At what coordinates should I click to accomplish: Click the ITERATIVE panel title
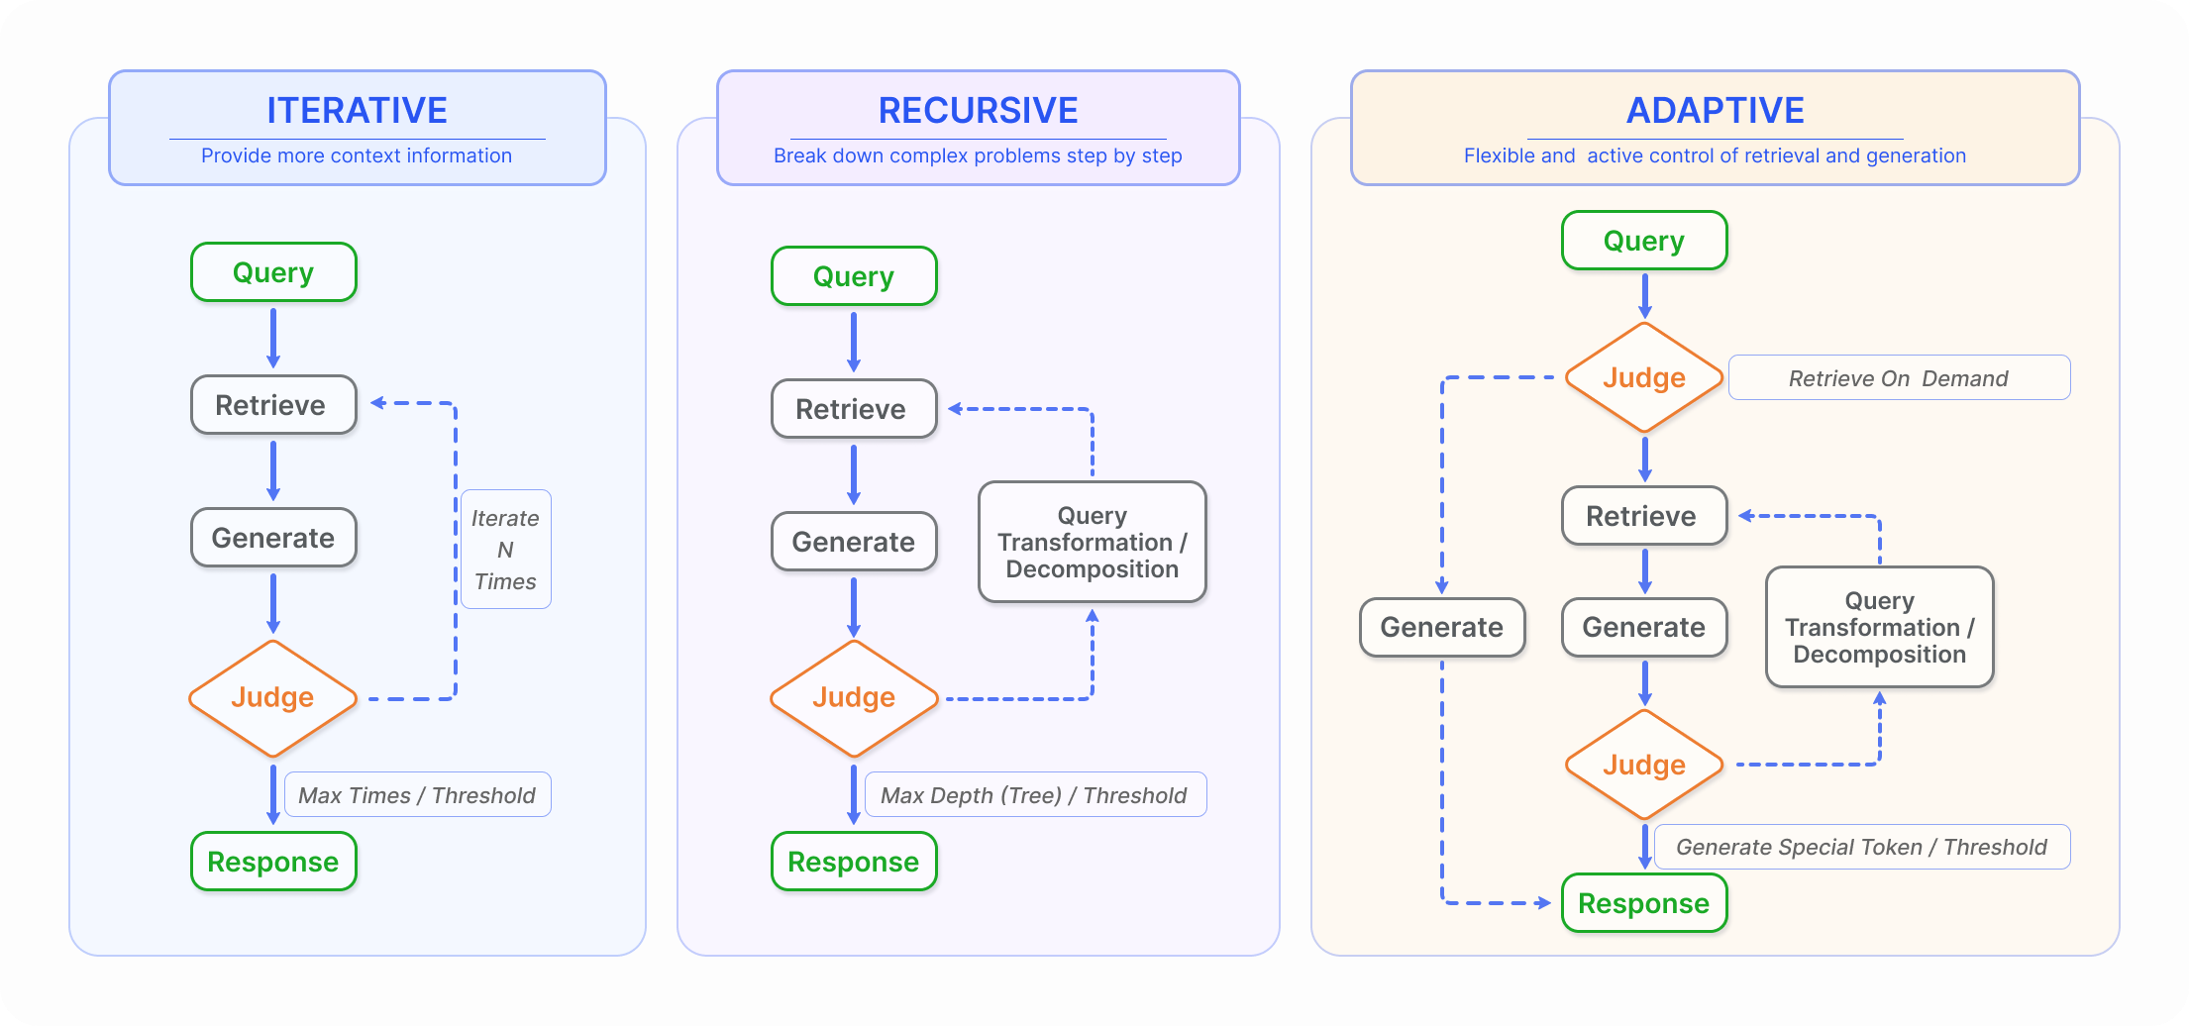(x=357, y=110)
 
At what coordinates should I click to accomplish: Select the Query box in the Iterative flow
(x=273, y=272)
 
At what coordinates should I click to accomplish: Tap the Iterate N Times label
(x=505, y=550)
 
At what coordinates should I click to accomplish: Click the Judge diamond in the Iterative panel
(x=272, y=698)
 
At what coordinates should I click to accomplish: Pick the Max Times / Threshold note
(x=417, y=795)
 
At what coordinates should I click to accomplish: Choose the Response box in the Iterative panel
(x=273, y=862)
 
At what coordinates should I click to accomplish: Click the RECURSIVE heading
(x=978, y=110)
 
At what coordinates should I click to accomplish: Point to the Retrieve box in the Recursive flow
(x=853, y=409)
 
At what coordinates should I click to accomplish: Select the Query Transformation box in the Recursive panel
(x=1092, y=543)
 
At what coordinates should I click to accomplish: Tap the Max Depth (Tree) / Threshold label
(x=1034, y=795)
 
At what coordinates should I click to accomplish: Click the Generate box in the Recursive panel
(x=853, y=542)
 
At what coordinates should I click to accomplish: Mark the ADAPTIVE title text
(x=1715, y=110)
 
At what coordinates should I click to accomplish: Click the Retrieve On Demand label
(x=1898, y=378)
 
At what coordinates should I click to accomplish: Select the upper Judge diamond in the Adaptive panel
(x=1644, y=378)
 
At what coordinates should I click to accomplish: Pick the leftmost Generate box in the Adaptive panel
(x=1441, y=627)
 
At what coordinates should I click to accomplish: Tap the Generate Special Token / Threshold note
(x=1861, y=847)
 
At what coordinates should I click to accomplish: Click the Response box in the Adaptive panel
(x=1644, y=903)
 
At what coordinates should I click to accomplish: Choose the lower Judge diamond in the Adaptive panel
(x=1644, y=765)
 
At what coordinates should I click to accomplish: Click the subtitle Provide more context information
(x=357, y=155)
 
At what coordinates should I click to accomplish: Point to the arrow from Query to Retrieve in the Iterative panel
(x=273, y=338)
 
